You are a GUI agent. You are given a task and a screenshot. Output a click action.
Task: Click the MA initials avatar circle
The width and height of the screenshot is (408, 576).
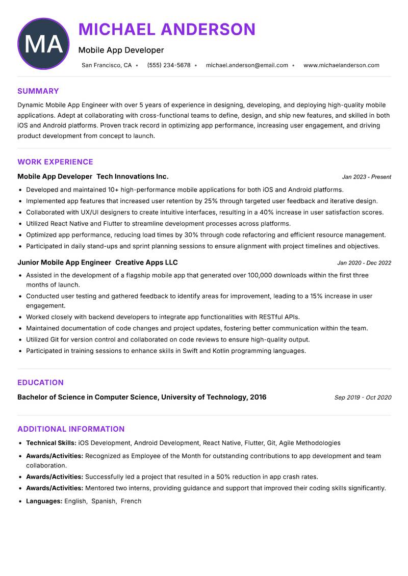click(43, 44)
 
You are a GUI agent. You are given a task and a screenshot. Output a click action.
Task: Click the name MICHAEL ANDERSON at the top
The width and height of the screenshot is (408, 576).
click(167, 29)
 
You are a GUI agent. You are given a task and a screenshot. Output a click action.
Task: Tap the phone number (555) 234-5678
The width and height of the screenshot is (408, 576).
click(169, 65)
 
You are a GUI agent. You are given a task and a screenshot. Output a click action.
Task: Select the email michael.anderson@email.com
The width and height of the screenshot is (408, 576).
click(247, 65)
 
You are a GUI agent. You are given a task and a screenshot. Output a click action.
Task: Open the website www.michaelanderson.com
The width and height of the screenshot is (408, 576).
click(341, 65)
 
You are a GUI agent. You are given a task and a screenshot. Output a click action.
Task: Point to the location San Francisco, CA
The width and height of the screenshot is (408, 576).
click(107, 65)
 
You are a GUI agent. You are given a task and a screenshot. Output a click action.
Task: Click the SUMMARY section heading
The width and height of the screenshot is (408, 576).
click(38, 91)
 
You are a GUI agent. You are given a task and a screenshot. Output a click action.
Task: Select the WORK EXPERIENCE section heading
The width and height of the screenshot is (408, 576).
click(55, 162)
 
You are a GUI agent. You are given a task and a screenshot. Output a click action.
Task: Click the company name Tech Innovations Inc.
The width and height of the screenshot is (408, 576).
click(133, 176)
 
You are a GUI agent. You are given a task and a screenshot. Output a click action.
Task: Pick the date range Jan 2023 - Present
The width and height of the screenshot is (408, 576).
click(366, 177)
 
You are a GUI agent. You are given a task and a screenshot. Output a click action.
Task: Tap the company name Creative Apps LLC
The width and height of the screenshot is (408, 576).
click(146, 263)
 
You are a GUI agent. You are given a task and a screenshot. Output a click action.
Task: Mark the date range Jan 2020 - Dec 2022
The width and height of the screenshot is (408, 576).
click(364, 263)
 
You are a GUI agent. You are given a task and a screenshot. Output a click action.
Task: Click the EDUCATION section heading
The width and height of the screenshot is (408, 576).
click(40, 383)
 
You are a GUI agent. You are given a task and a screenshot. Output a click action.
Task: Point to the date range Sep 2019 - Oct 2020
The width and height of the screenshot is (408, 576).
click(363, 398)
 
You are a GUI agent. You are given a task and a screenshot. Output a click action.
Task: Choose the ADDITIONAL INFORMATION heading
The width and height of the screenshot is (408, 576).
click(71, 429)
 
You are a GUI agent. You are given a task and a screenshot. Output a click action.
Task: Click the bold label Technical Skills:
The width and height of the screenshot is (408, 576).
click(51, 443)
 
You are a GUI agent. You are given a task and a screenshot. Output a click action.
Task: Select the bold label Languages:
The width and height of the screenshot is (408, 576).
click(44, 501)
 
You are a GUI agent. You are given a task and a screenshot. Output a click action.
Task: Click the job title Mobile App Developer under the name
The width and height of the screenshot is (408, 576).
click(121, 50)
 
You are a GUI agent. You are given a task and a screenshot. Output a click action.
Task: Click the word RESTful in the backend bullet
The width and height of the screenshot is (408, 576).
click(273, 317)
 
